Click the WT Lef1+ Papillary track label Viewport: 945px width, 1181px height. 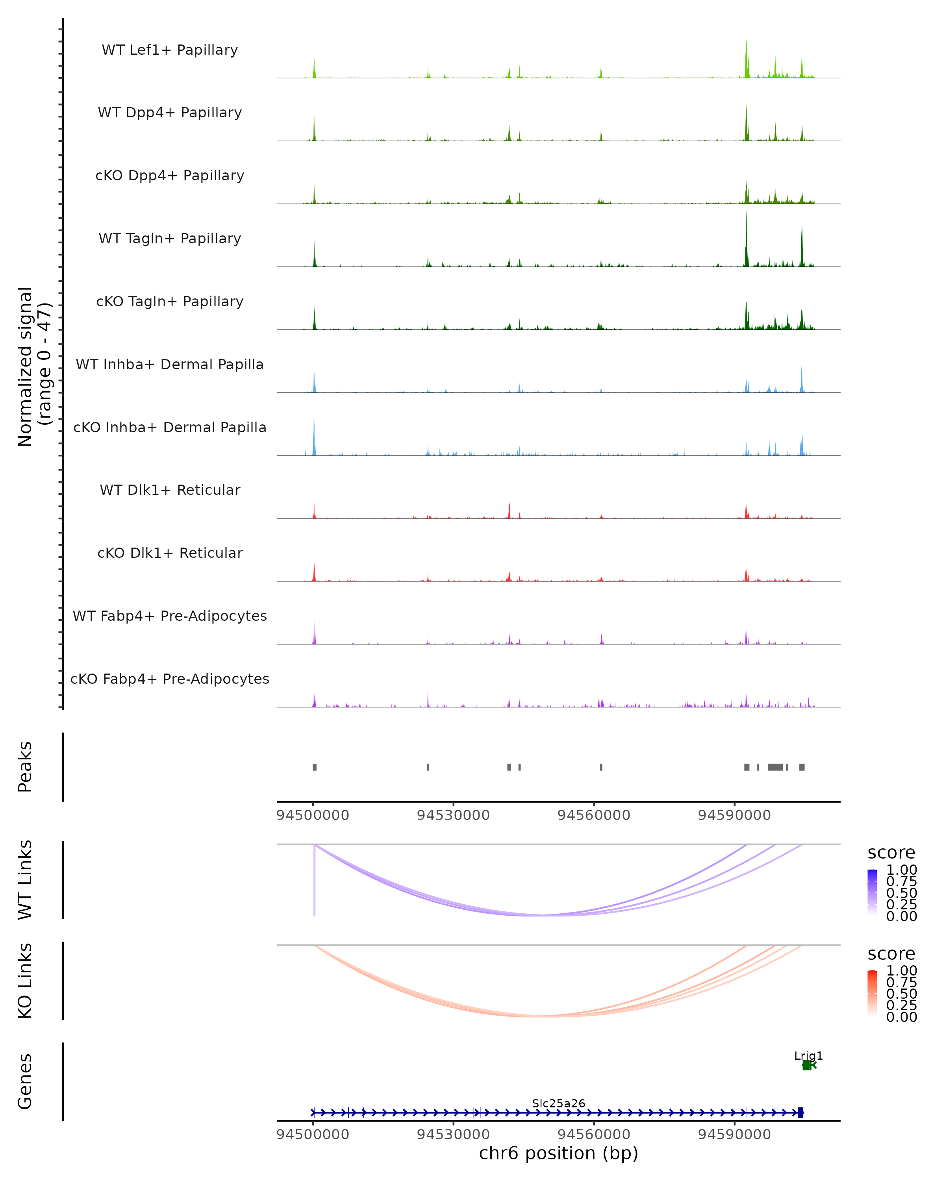pyautogui.click(x=170, y=50)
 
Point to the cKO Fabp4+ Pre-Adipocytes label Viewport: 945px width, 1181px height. pyautogui.click(x=170, y=679)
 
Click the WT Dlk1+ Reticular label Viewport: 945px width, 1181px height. pyautogui.click(x=170, y=490)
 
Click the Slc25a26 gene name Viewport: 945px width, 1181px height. pyautogui.click(x=558, y=1103)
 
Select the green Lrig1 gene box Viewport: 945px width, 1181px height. pyautogui.click(x=806, y=1065)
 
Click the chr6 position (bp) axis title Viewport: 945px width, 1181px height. pyautogui.click(x=558, y=1153)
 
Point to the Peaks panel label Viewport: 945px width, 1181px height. pyautogui.click(x=25, y=766)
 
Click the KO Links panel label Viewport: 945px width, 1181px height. pyautogui.click(x=25, y=981)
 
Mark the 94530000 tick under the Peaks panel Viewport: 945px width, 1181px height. pyautogui.click(x=453, y=815)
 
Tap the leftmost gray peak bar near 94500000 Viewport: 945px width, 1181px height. pyautogui.click(x=315, y=767)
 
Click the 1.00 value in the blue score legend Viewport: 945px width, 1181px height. pyautogui.click(x=901, y=870)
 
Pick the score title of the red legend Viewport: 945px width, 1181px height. pyautogui.click(x=891, y=954)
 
